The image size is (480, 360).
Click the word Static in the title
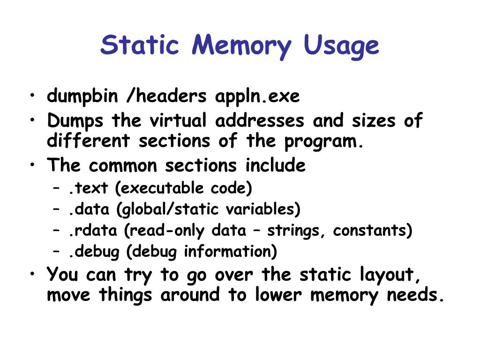point(140,45)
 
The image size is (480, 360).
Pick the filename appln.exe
point(257,97)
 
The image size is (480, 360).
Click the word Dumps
point(75,121)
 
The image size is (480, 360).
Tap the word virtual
point(178,120)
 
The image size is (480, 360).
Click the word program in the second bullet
point(326,141)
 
